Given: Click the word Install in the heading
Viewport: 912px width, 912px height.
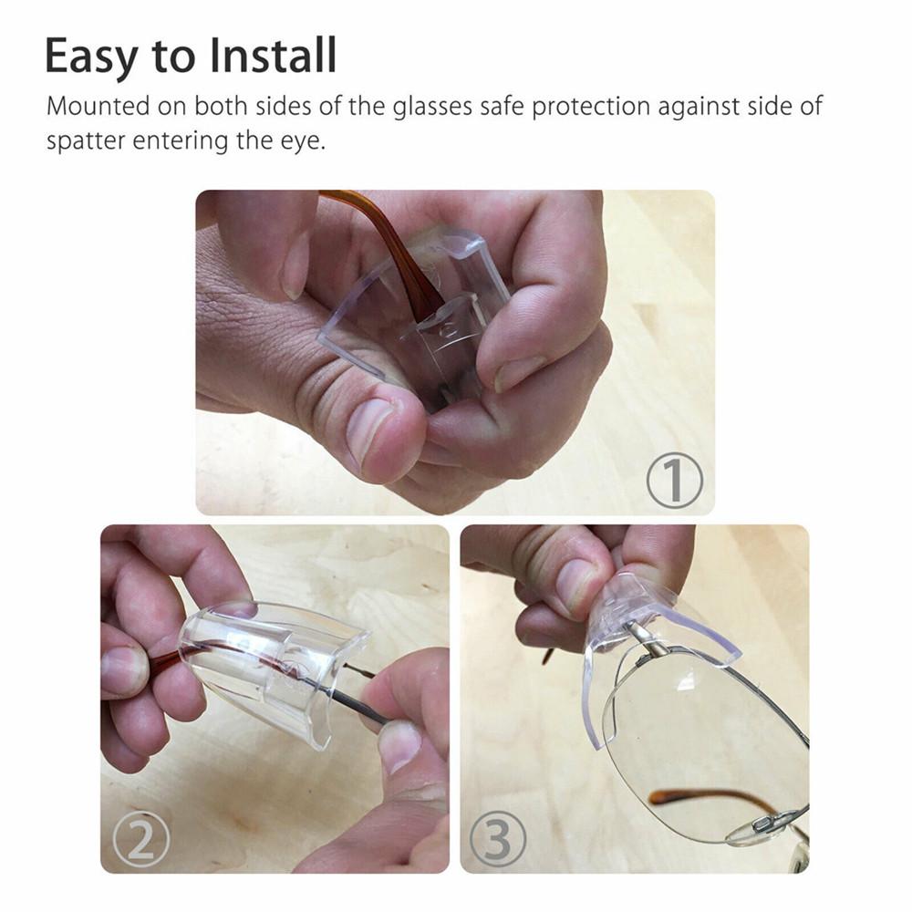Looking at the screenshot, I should [x=274, y=57].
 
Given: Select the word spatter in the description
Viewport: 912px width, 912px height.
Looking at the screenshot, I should [x=87, y=142].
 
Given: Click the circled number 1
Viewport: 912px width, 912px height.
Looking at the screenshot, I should [x=675, y=481].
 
